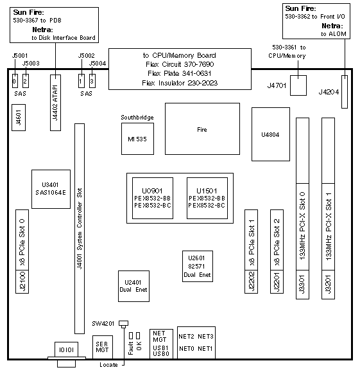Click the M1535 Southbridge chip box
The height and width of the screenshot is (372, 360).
[137, 139]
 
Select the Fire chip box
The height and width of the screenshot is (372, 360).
[202, 129]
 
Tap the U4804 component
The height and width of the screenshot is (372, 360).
[271, 134]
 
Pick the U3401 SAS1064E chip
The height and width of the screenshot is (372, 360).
[51, 189]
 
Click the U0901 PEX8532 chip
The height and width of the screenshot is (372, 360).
[153, 198]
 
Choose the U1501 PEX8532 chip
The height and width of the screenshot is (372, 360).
[207, 198]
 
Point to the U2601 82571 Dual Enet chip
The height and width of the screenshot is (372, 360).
[198, 266]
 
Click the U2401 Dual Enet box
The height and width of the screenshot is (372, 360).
[133, 286]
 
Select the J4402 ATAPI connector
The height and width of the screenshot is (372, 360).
[55, 103]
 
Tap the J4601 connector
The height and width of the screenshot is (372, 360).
[19, 118]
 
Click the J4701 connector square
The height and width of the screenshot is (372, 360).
[298, 85]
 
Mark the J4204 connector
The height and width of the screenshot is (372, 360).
[345, 92]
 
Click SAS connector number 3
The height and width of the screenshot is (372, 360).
[92, 81]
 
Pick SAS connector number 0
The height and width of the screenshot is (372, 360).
[15, 81]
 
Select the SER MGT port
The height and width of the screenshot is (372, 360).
[103, 347]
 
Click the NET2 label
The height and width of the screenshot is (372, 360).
[186, 337]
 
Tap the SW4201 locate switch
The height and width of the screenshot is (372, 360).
[123, 323]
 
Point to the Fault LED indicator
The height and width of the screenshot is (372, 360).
[130, 336]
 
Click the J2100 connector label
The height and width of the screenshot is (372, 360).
[22, 281]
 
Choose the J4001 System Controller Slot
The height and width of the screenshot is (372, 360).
[80, 229]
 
